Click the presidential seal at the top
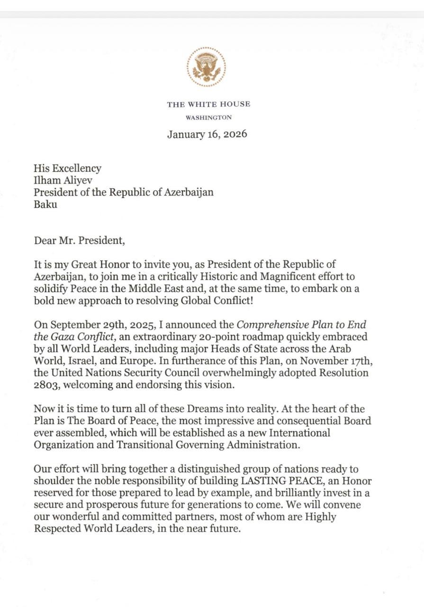click(206, 67)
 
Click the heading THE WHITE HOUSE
click(208, 104)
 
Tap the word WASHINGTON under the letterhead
click(208, 118)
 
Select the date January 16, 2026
click(207, 134)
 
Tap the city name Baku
click(45, 205)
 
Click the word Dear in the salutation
click(45, 240)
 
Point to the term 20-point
click(220, 337)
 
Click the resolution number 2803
click(45, 385)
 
